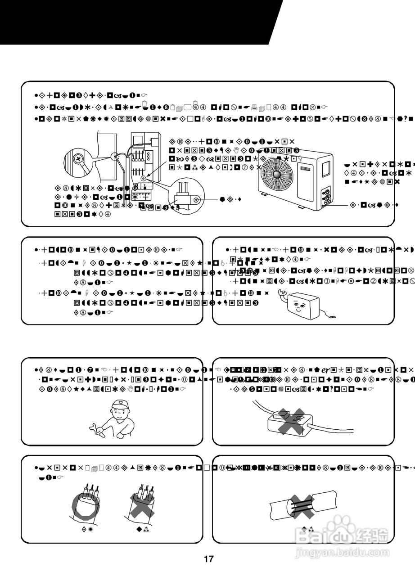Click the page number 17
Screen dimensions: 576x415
(208, 559)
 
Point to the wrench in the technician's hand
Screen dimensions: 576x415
(96, 428)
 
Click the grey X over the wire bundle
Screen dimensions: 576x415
(142, 503)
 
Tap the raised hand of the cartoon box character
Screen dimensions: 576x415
(283, 293)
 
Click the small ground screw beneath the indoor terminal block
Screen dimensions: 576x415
(143, 178)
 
